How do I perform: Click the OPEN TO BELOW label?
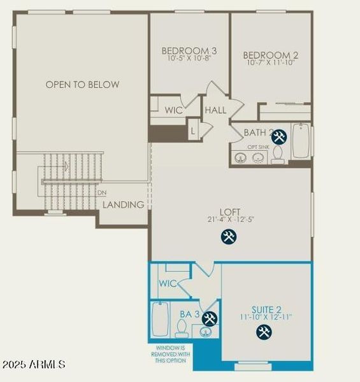click(x=82, y=84)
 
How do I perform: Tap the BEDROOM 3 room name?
click(x=189, y=51)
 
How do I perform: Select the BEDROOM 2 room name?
click(x=271, y=55)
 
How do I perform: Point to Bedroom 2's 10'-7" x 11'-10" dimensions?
click(x=271, y=63)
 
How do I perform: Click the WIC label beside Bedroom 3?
click(x=174, y=110)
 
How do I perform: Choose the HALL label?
click(x=215, y=110)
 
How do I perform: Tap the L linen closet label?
click(x=193, y=131)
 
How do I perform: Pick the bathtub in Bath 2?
click(x=301, y=141)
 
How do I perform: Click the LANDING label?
click(x=124, y=204)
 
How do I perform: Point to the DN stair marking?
click(x=102, y=192)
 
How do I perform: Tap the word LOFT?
click(x=230, y=211)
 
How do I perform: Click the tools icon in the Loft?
click(x=229, y=237)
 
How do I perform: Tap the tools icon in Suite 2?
click(x=264, y=331)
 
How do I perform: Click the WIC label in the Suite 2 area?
click(x=168, y=283)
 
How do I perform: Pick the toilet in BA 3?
click(x=181, y=328)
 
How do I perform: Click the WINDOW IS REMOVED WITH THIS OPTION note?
click(x=169, y=354)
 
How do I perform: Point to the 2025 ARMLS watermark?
click(x=33, y=365)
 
